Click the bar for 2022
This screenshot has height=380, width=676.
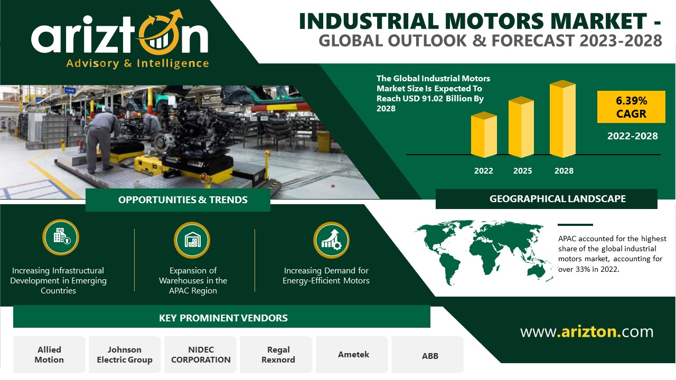click(484, 135)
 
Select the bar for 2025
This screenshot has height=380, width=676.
click(521, 127)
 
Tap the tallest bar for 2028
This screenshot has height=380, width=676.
click(562, 119)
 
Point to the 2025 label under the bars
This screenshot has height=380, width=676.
click(522, 170)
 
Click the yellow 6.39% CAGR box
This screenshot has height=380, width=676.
click(631, 107)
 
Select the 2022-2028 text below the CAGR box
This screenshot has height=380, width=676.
click(632, 136)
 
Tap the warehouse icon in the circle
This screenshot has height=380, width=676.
click(192, 240)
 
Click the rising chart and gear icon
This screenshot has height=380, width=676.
click(331, 240)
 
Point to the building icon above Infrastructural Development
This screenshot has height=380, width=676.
click(61, 237)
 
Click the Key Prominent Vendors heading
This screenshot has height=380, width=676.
click(223, 318)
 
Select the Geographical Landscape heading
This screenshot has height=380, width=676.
click(557, 199)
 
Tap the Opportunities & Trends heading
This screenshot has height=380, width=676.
click(183, 199)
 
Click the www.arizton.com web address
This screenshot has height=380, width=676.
click(586, 332)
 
